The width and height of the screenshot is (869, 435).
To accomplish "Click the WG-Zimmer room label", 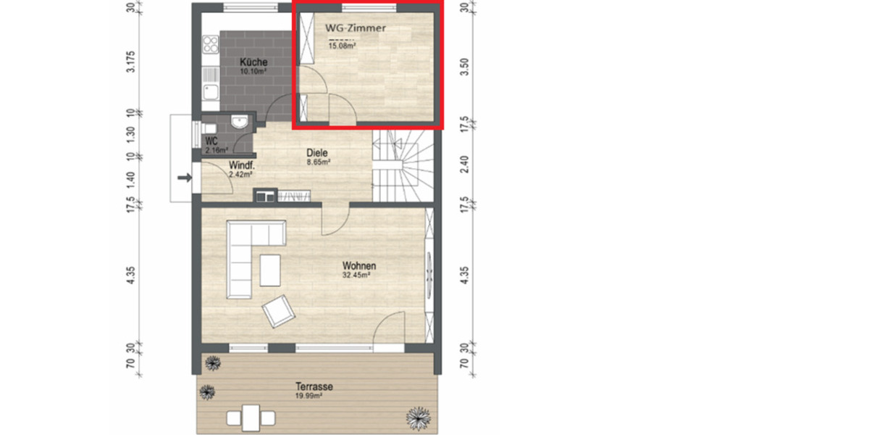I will coord(355,28).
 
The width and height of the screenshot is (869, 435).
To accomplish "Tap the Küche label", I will coord(253,62).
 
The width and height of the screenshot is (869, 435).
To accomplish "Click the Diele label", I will coord(317,153).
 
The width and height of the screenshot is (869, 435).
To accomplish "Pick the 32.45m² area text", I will coord(357,275).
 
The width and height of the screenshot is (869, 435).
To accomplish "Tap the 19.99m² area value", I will coord(314,396).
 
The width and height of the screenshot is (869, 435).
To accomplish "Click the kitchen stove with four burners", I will coord(211,44).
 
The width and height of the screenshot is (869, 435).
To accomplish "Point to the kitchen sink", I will coord(211,91).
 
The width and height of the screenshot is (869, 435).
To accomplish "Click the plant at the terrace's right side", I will coord(419,417).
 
